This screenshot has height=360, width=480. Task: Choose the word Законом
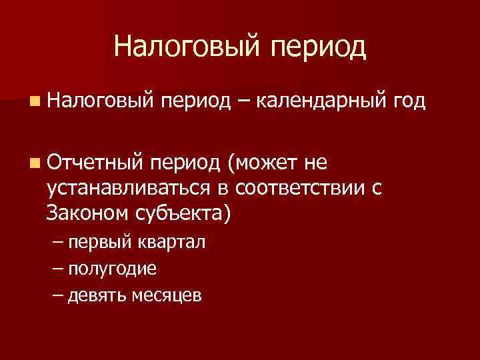point(86,215)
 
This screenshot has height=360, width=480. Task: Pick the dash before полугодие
point(57,269)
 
